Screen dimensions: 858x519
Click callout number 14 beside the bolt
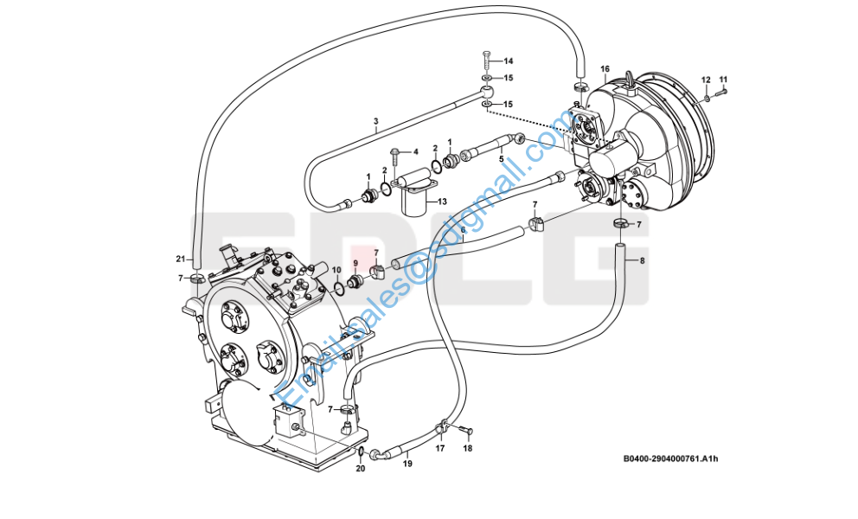(509, 61)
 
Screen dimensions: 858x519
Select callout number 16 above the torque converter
(605, 69)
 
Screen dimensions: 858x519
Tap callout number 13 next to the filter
(442, 202)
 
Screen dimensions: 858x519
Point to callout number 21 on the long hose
(181, 259)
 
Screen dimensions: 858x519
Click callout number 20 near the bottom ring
(360, 469)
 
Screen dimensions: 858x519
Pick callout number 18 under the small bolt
(467, 448)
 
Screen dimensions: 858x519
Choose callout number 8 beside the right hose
(642, 260)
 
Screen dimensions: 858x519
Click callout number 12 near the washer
(706, 80)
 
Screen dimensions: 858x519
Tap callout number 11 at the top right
(723, 80)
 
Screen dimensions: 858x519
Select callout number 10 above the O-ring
(336, 270)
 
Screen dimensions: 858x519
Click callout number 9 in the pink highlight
(355, 263)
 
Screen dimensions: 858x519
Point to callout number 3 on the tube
(376, 122)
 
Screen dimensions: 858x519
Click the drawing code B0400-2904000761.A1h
(670, 458)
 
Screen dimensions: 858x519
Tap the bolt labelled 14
(487, 61)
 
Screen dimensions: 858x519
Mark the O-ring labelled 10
(339, 287)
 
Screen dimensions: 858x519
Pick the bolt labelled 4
(394, 157)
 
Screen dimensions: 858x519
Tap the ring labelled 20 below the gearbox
(362, 452)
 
